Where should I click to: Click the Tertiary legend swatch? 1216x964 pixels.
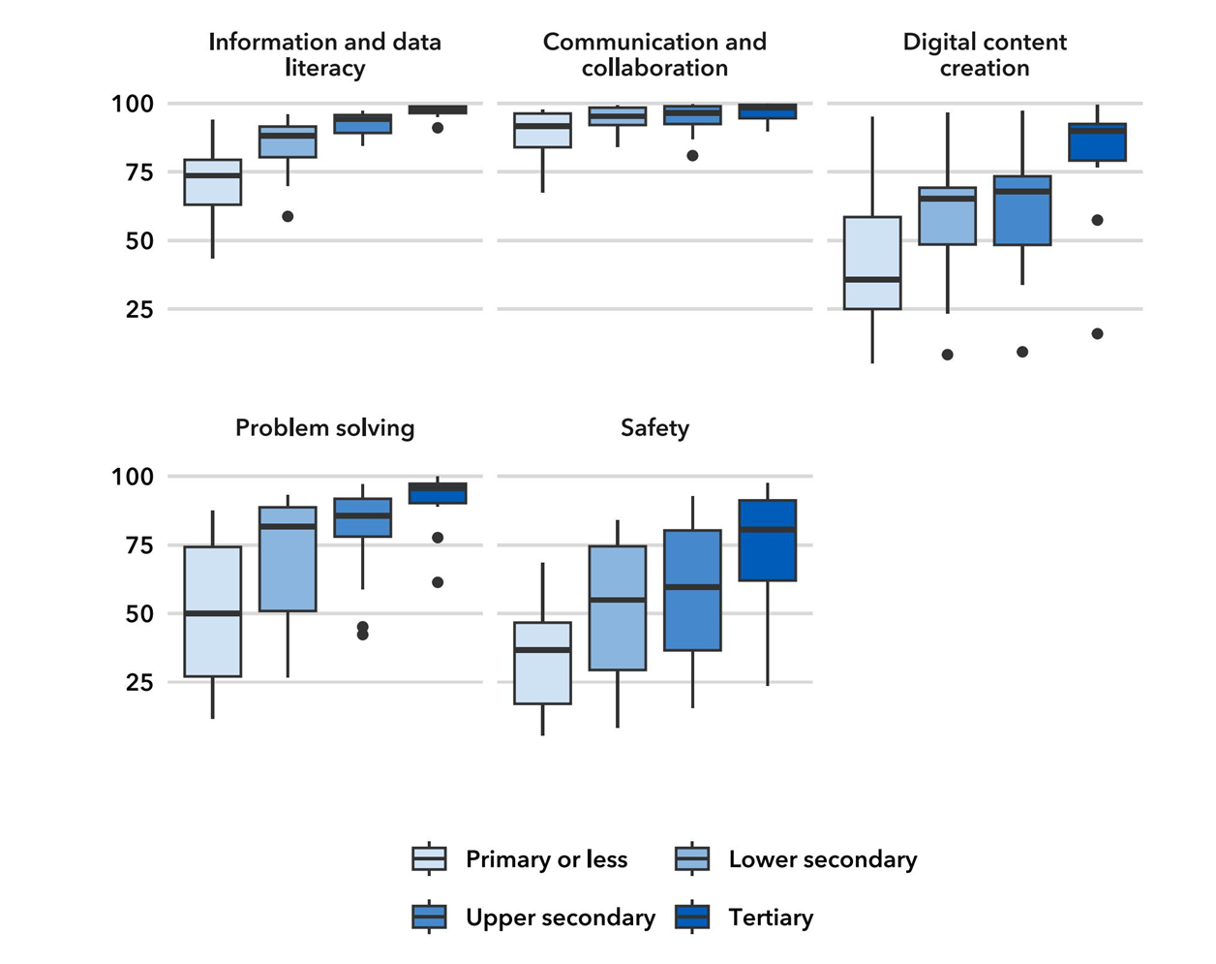(692, 917)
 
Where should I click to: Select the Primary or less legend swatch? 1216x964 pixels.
(429, 859)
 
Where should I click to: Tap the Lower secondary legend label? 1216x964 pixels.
(822, 859)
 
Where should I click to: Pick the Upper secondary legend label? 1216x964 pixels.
(560, 917)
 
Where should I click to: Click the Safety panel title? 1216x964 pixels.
(654, 428)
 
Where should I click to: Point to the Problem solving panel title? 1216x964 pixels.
(324, 428)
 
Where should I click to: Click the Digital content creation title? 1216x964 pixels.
(985, 54)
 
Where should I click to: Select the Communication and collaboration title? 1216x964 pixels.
(654, 54)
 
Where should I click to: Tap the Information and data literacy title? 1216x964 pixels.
(324, 54)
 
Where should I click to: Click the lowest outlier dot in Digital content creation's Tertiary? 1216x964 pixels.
(1097, 334)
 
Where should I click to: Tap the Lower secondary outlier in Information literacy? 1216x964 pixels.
(288, 216)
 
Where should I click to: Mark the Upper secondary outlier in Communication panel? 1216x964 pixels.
(692, 156)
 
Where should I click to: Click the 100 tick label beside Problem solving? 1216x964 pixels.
(133, 477)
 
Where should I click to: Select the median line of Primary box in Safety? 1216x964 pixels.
(542, 650)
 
